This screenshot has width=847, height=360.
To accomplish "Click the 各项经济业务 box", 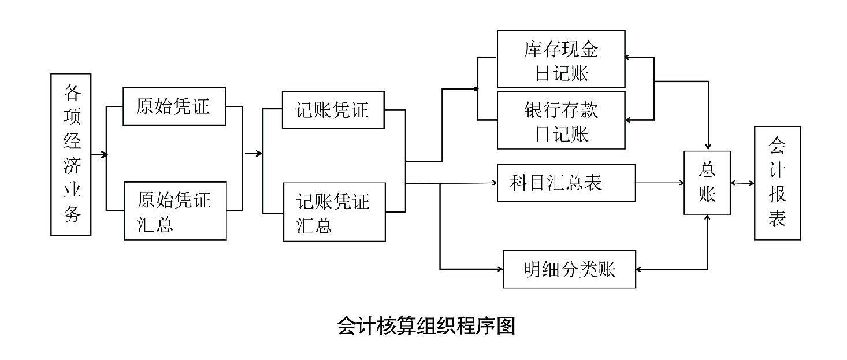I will (71, 154).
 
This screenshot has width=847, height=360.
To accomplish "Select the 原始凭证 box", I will (174, 106).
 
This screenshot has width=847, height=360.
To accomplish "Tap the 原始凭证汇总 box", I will (176, 210).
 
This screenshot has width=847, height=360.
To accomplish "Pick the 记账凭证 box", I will (333, 110).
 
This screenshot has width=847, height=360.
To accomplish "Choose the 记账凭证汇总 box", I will (334, 211).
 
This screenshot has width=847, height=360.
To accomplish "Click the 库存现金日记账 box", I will (561, 59).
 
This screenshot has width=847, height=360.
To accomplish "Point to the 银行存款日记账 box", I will (561, 121).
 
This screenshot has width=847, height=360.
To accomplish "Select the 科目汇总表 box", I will (566, 183).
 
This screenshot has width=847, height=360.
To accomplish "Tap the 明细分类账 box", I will (569, 269).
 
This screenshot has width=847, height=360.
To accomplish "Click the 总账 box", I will (707, 183).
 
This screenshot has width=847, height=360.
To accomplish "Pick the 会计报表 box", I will (777, 183).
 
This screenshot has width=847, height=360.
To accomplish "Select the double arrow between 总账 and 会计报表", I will (742, 183).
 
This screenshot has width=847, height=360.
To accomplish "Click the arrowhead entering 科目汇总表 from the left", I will (494, 183).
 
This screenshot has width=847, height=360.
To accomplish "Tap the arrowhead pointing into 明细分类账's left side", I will (500, 269).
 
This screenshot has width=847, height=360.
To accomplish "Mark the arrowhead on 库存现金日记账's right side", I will (629, 57).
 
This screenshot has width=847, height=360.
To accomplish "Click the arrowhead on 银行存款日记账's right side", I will (629, 120).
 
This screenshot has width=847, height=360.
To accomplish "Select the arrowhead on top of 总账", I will (708, 147).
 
